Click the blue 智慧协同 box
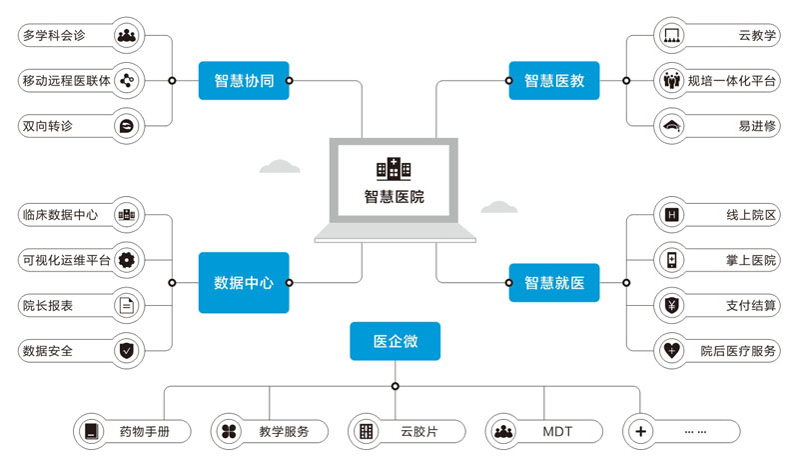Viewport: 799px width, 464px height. pos(244,80)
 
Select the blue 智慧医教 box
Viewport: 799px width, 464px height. pos(554,80)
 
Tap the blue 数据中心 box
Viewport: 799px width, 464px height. pos(244,283)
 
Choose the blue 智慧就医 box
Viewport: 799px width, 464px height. pos(554,283)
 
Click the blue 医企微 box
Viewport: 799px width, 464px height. pos(395,341)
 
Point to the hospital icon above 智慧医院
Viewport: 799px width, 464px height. pos(394,168)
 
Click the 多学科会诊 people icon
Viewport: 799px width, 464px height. pos(126,36)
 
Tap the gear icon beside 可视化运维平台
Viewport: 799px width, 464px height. pos(126,260)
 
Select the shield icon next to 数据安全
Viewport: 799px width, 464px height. pos(126,351)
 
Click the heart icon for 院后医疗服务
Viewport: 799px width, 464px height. pos(671,351)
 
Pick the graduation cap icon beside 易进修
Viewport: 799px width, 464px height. pos(671,126)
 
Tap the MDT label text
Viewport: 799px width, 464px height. pos(557,432)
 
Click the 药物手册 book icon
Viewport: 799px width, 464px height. pos(92,432)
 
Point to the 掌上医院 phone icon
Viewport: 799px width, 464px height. pos(671,260)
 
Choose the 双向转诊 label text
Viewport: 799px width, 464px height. pos(47,126)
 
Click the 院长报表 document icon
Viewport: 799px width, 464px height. pos(126,305)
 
